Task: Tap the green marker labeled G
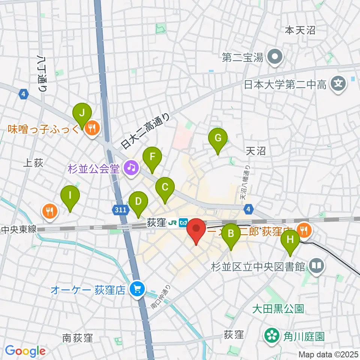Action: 217,138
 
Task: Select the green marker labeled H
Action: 290,239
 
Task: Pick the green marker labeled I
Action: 70,195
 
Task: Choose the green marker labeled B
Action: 231,234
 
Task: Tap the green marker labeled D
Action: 138,201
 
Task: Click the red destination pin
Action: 196,229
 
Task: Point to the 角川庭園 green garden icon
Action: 271,335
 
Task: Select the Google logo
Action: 25,351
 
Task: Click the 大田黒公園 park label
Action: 277,309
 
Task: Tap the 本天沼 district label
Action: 300,30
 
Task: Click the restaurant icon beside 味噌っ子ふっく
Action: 91,129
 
